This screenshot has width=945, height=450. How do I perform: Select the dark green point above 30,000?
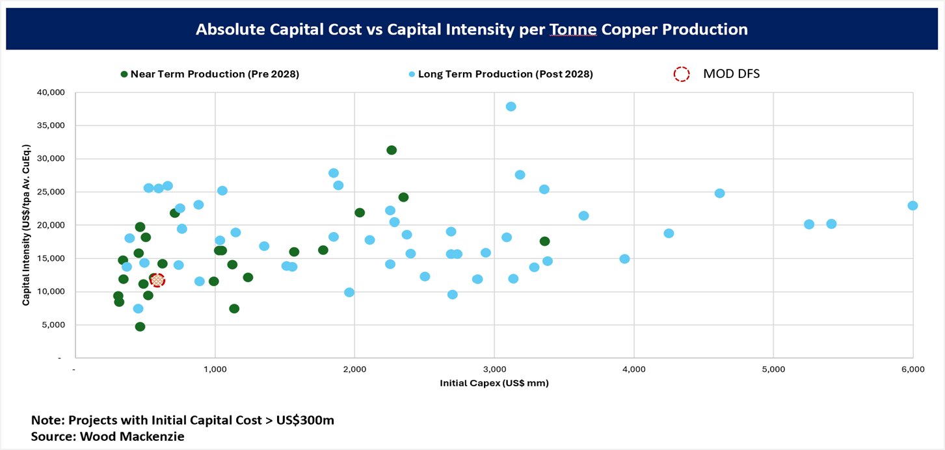tap(392, 150)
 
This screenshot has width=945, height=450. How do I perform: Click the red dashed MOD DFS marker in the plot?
tap(157, 280)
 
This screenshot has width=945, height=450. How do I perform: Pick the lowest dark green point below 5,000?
tap(140, 326)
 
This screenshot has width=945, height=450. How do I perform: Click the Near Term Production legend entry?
tap(209, 74)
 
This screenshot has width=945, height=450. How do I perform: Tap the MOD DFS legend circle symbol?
tap(681, 74)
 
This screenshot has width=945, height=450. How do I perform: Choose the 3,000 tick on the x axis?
tap(494, 369)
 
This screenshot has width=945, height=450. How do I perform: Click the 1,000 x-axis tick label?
tap(215, 369)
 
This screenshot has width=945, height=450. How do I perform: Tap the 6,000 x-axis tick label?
tap(912, 369)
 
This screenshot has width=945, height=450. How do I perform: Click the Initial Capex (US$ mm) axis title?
tap(494, 383)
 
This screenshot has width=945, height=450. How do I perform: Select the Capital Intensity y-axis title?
tap(26, 225)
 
